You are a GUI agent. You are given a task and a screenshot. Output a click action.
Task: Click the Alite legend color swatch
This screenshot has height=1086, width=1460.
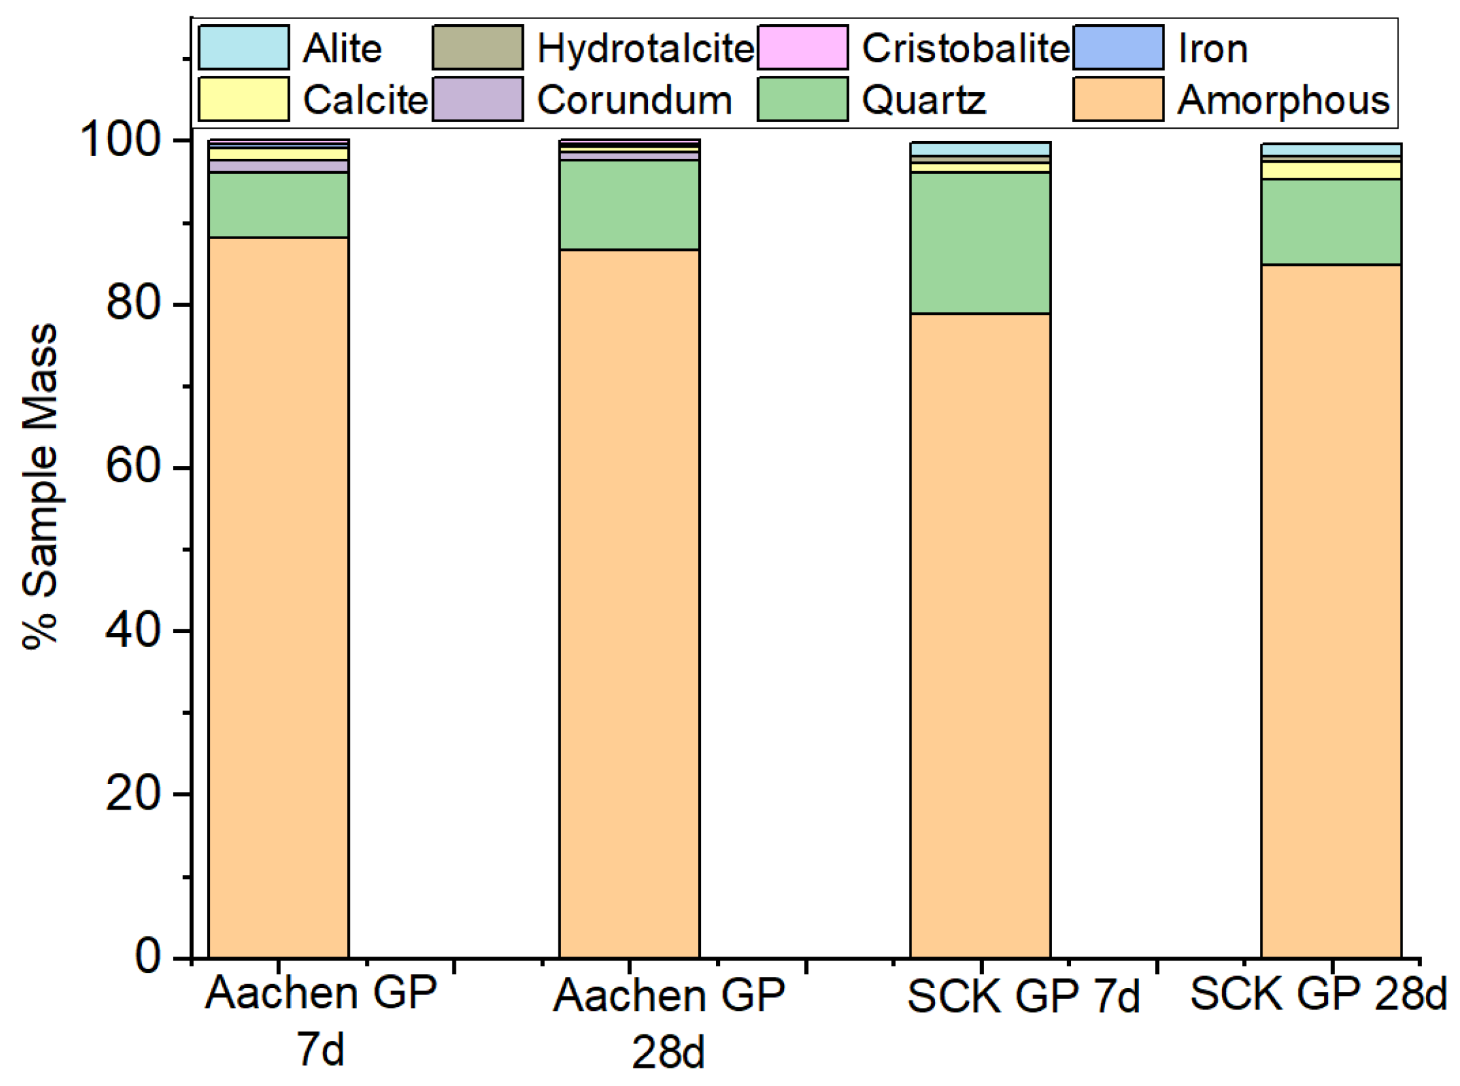(243, 47)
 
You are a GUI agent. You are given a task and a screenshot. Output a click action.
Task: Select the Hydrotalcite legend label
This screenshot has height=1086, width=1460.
(645, 48)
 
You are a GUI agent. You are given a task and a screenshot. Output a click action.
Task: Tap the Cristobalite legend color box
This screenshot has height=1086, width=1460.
(802, 47)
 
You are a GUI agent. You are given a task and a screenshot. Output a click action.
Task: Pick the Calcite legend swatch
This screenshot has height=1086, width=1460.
(243, 99)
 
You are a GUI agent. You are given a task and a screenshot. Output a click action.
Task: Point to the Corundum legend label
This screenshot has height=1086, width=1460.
(634, 100)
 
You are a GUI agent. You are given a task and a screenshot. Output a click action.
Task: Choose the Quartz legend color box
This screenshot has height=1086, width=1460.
(802, 99)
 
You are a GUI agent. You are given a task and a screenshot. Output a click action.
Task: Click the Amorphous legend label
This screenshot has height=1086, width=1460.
(1282, 100)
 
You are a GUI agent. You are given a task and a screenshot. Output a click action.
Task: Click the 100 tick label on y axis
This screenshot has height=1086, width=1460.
(120, 140)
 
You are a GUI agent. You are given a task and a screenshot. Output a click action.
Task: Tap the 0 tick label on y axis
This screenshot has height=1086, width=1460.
(148, 957)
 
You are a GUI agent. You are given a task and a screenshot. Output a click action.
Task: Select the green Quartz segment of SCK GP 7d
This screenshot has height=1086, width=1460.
(980, 242)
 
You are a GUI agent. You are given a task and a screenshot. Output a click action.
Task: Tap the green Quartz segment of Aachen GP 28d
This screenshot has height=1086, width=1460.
(629, 205)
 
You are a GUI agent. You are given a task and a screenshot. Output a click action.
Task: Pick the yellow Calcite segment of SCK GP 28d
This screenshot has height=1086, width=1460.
(1331, 171)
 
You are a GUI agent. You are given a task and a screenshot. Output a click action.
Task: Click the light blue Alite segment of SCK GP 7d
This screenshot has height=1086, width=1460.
(980, 148)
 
